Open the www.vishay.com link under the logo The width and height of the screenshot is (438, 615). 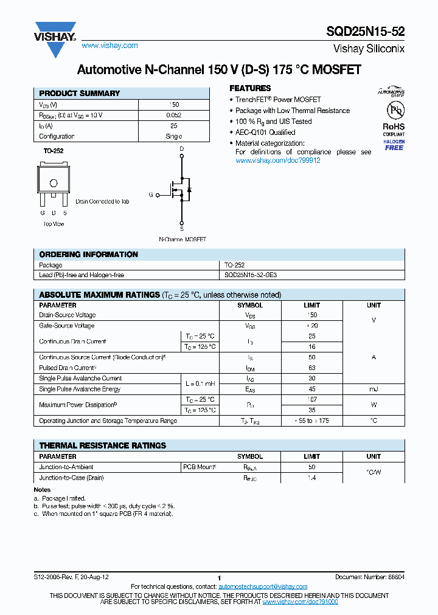[109, 46]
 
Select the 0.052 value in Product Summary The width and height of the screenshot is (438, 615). [173, 115]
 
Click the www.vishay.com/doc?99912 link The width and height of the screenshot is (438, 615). [277, 160]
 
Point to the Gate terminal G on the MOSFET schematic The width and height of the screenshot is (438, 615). [150, 195]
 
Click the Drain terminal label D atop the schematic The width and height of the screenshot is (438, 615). [181, 149]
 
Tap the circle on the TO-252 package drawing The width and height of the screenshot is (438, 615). [53, 183]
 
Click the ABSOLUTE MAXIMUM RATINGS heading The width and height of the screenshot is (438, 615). [99, 295]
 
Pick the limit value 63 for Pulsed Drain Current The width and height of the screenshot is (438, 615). [311, 368]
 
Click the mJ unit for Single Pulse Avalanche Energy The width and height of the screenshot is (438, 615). [374, 389]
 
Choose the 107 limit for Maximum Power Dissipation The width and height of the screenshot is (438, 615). [311, 399]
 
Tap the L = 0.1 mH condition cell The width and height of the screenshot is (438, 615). [200, 383]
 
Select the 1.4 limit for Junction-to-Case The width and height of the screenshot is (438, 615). [311, 478]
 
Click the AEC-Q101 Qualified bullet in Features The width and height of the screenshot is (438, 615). [265, 132]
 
